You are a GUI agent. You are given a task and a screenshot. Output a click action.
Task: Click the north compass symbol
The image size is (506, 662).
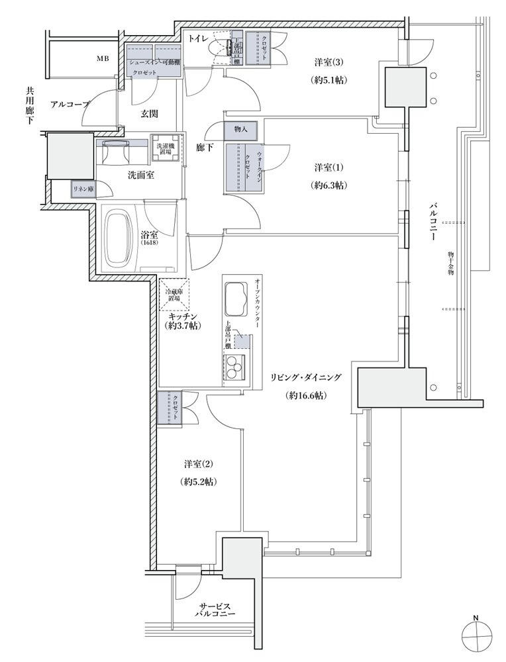(476, 639)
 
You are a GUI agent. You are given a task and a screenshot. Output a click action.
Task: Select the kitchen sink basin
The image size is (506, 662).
(236, 296)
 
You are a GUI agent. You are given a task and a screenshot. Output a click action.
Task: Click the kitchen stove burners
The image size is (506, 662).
(234, 365)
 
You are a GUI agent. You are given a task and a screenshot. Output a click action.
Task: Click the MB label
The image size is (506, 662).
(102, 59)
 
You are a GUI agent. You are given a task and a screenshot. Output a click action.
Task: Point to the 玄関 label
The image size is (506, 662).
(149, 114)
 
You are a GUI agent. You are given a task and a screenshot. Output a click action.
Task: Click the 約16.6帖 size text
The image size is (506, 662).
(305, 395)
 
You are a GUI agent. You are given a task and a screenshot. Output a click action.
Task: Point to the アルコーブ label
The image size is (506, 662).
(70, 104)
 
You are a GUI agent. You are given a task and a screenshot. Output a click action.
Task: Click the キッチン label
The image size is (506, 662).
(183, 316)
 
